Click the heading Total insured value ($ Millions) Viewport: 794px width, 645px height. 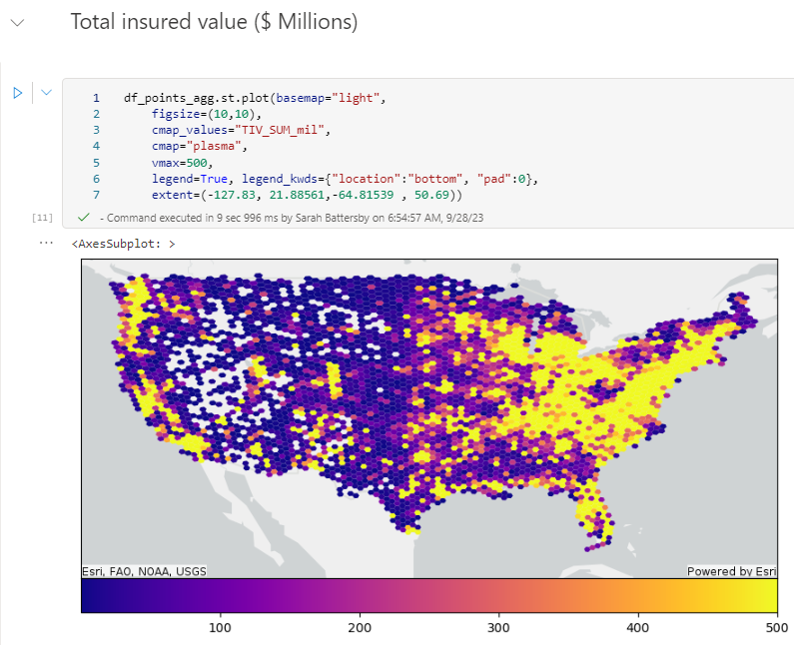(213, 22)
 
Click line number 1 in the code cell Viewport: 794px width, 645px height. (96, 98)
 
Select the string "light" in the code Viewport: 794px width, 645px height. (358, 98)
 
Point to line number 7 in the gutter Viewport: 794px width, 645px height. (96, 194)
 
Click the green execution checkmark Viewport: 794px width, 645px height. (83, 217)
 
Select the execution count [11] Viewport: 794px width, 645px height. (43, 217)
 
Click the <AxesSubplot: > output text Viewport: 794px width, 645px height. (124, 244)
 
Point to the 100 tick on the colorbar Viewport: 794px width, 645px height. (221, 628)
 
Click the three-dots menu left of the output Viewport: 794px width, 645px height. (45, 243)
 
